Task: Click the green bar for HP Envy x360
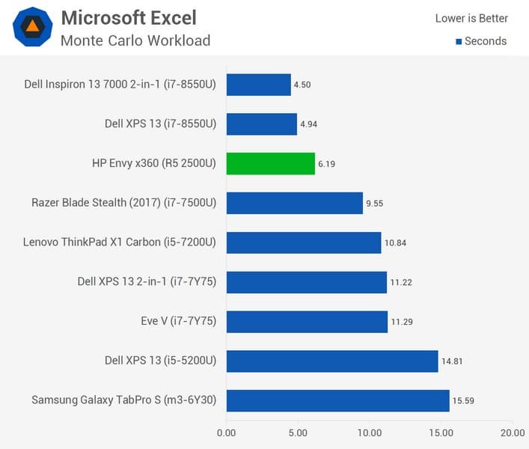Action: pyautogui.click(x=270, y=163)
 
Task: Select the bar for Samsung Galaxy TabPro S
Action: pyautogui.click(x=337, y=400)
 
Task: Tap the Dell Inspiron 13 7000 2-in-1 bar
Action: pyautogui.click(x=258, y=85)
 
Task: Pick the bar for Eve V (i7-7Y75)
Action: pyautogui.click(x=307, y=322)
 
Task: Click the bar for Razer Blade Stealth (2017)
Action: pyautogui.click(x=294, y=203)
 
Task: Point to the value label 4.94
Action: pyautogui.click(x=308, y=124)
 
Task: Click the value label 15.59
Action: pyautogui.click(x=462, y=401)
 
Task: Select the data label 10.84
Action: pyautogui.click(x=394, y=242)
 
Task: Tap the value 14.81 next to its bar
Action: pyautogui.click(x=450, y=361)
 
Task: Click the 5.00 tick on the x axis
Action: pyautogui.click(x=298, y=433)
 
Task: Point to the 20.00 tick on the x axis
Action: pyautogui.click(x=512, y=433)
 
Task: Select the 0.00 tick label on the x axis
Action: pyautogui.click(x=226, y=433)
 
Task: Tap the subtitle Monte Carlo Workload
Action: pyautogui.click(x=135, y=40)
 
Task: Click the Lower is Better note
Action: pyautogui.click(x=471, y=18)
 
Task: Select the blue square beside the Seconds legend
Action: pyautogui.click(x=459, y=41)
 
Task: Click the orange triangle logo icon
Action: pyautogui.click(x=32, y=27)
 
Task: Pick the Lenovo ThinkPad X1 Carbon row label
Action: pyautogui.click(x=120, y=242)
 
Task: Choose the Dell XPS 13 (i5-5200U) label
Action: pyautogui.click(x=160, y=361)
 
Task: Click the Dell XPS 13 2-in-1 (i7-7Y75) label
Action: pyautogui.click(x=147, y=282)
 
